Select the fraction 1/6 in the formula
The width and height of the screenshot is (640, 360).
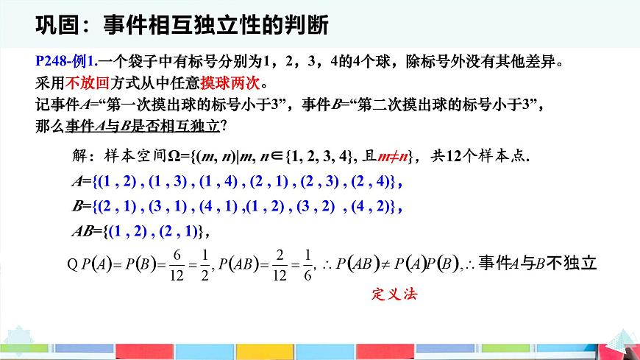(307, 263)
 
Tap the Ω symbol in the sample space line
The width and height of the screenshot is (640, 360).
(168, 156)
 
